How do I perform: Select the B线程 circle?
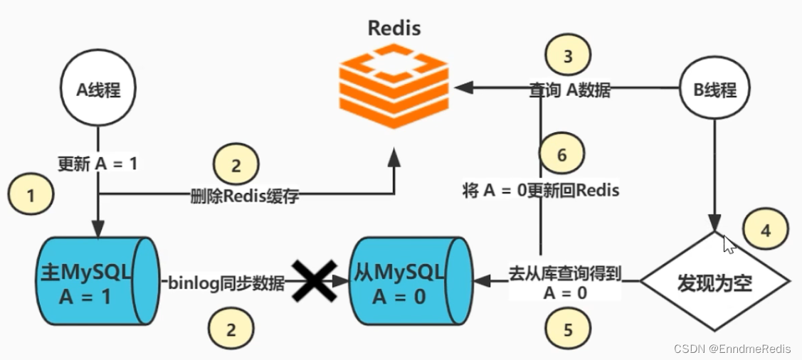point(714,90)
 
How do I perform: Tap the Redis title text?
point(394,28)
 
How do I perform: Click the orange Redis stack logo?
point(394,86)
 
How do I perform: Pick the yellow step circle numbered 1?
point(31,196)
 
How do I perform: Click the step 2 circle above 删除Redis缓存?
point(236,166)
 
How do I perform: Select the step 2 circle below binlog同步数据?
point(231,329)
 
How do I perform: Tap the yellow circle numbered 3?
point(567,58)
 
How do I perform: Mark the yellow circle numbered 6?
point(562,154)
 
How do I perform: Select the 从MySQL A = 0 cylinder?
point(410,282)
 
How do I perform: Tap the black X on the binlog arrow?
point(312,282)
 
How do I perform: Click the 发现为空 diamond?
point(714,282)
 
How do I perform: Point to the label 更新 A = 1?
point(97,163)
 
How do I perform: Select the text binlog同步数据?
point(226,284)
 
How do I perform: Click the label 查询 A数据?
point(569,90)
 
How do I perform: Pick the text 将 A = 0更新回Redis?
point(541,191)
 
